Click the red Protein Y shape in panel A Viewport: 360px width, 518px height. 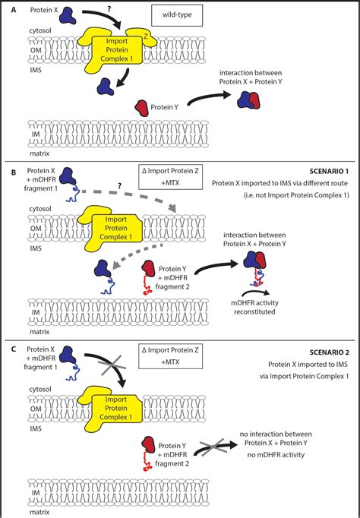(x=142, y=109)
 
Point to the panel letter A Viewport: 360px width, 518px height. (x=13, y=10)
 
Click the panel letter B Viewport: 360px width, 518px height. (x=13, y=172)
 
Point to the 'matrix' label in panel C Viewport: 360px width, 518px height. (x=39, y=512)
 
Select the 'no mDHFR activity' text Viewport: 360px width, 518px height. (x=276, y=455)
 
